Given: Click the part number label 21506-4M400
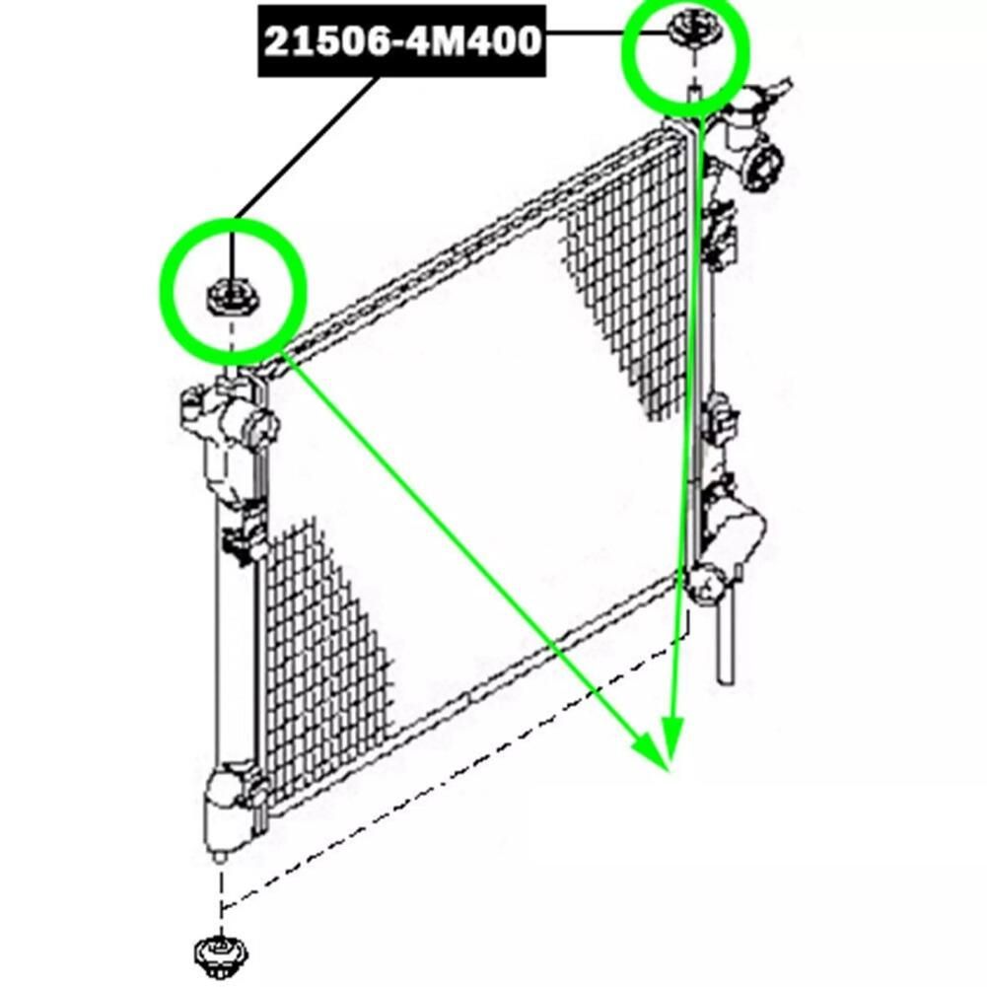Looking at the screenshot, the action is (x=402, y=41).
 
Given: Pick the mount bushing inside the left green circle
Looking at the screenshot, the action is (x=232, y=296).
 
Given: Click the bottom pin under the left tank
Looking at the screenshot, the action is (x=221, y=857).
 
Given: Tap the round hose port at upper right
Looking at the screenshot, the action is (x=764, y=167).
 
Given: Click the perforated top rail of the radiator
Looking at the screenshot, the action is (x=479, y=246).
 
